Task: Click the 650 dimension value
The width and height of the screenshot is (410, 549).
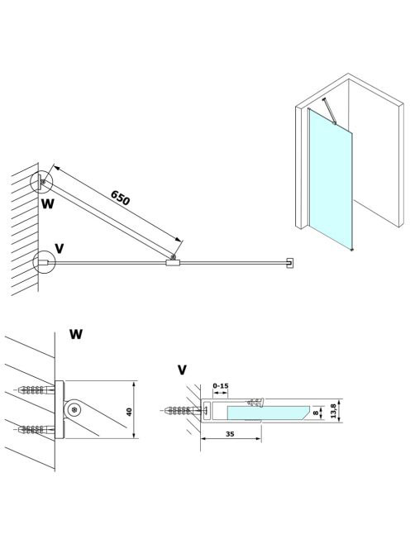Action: pyautogui.click(x=120, y=198)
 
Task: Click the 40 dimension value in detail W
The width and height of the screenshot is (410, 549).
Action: pyautogui.click(x=129, y=412)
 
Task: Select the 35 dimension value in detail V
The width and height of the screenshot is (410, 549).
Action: pyautogui.click(x=230, y=434)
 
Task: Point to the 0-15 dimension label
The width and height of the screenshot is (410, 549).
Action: pyautogui.click(x=221, y=386)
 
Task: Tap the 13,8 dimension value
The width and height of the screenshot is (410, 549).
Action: pyautogui.click(x=333, y=410)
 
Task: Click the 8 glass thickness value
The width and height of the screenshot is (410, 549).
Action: pyautogui.click(x=316, y=413)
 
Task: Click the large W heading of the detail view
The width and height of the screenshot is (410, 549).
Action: pyautogui.click(x=75, y=334)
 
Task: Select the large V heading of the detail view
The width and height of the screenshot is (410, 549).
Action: pyautogui.click(x=182, y=370)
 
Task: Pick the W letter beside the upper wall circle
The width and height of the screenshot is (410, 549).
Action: pyautogui.click(x=48, y=203)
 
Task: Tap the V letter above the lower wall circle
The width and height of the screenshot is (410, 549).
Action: pyautogui.click(x=60, y=249)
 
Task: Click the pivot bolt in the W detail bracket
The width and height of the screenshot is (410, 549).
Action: pyautogui.click(x=74, y=409)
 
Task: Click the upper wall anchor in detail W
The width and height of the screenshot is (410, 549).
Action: pyautogui.click(x=36, y=389)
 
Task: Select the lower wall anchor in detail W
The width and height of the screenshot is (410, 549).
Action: pyautogui.click(x=36, y=429)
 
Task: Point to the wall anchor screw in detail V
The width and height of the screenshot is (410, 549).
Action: pyautogui.click(x=181, y=410)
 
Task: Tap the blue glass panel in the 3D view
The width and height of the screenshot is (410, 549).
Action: pyautogui.click(x=331, y=179)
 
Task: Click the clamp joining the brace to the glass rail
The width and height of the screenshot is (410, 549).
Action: pyautogui.click(x=173, y=263)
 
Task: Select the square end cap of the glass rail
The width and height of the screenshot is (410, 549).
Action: pyautogui.click(x=290, y=263)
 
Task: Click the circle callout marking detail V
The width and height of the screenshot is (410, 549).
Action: pyautogui.click(x=44, y=261)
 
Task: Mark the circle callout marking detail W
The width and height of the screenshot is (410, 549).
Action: pyautogui.click(x=41, y=183)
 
